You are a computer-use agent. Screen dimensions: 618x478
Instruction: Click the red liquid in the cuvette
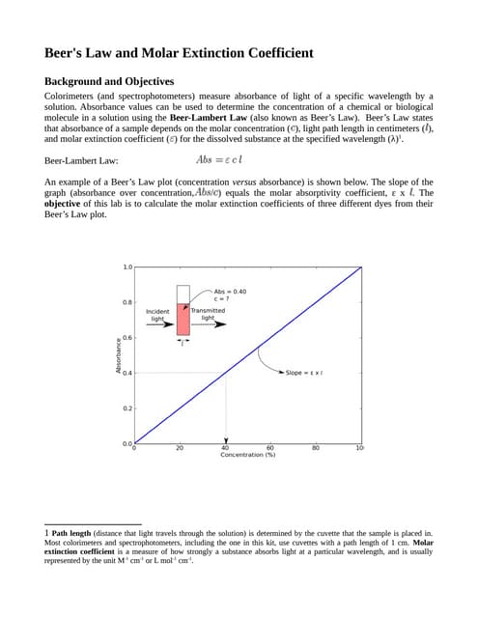pos(183,318)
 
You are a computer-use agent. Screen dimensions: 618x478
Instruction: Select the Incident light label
pos(157,315)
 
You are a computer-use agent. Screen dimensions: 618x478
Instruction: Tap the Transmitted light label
pos(208,314)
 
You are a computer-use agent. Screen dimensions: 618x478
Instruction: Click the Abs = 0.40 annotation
pos(230,294)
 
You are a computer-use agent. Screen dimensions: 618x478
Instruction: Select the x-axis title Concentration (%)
pos(248,455)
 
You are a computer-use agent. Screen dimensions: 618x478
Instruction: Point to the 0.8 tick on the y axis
pos(127,302)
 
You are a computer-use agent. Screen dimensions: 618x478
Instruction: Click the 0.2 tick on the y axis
pos(127,408)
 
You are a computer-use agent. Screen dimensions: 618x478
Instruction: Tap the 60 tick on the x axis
pos(270,448)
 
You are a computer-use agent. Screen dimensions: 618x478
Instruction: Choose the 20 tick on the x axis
pos(180,448)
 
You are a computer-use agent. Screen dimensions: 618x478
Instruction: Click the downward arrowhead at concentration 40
pos(225,439)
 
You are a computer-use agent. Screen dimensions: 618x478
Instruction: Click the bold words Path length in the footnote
pos(72,532)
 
